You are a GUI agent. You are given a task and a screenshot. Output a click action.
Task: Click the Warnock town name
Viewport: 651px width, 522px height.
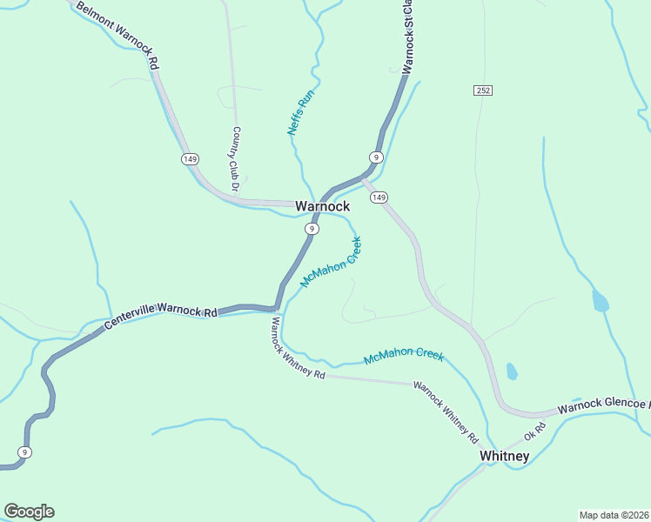coord(322,206)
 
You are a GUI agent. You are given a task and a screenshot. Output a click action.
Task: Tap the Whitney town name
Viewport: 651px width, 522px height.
coord(504,456)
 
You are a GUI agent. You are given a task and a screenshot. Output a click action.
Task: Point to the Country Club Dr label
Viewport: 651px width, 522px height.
coord(235,159)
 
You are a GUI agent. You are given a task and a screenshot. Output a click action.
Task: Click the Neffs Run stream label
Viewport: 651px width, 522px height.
coord(300,112)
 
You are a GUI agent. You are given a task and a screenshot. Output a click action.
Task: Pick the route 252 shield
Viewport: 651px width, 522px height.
coord(484,90)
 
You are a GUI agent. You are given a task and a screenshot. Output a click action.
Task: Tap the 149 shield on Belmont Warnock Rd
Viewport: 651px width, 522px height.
coord(190,158)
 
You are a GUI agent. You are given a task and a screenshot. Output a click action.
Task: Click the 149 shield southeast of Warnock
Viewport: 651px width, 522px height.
coord(378,198)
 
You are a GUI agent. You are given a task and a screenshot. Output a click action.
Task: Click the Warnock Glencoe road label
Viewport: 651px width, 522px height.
coord(603,405)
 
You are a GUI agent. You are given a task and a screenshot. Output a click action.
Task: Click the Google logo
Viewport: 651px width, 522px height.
coord(29,512)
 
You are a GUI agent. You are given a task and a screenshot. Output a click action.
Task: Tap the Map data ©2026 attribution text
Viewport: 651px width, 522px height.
coord(614,515)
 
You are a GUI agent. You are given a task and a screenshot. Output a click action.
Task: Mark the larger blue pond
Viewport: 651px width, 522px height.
coord(600,301)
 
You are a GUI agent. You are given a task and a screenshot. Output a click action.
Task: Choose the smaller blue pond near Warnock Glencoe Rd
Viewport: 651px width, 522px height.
coord(512,371)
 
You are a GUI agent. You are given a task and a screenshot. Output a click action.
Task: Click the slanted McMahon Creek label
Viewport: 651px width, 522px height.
coord(331,262)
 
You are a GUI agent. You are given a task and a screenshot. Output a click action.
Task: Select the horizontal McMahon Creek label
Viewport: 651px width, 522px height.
coord(404,356)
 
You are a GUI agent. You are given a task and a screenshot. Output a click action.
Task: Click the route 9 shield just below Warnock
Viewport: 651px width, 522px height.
coord(311,228)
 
